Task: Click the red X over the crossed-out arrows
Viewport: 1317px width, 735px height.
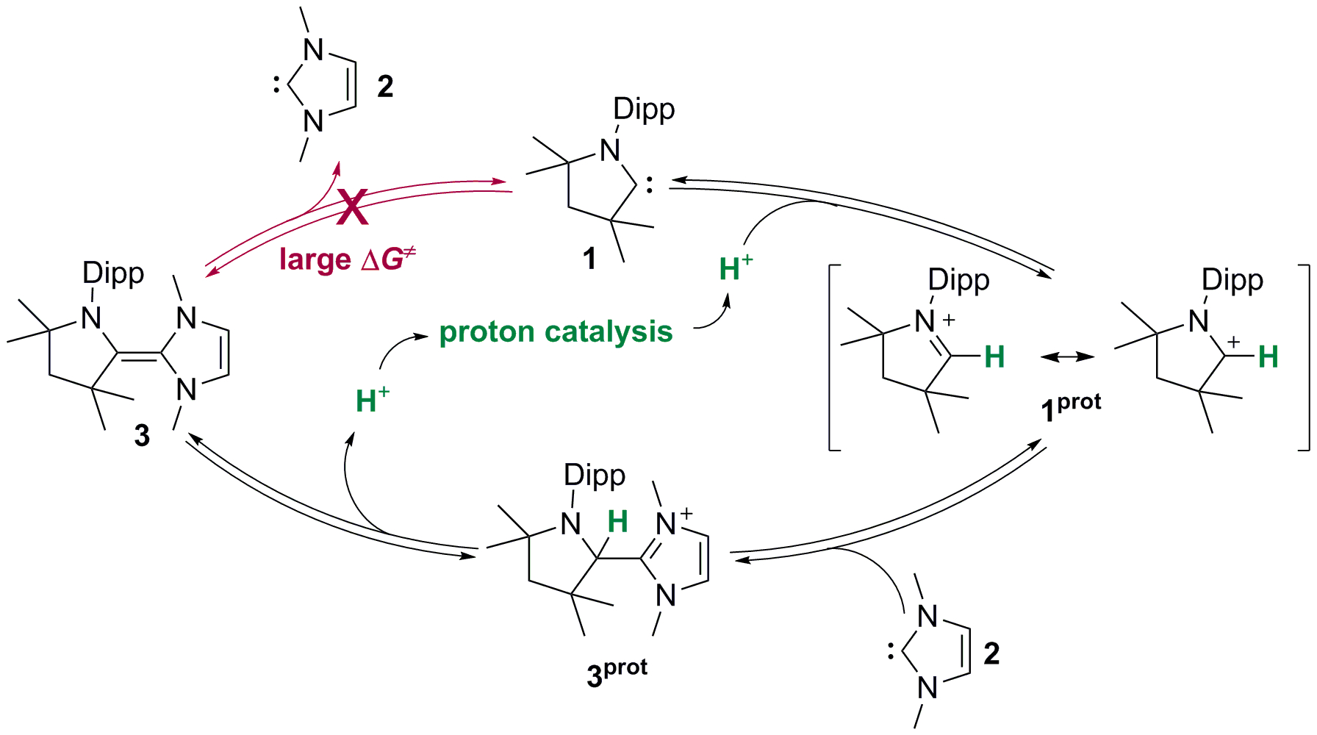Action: pos(353,207)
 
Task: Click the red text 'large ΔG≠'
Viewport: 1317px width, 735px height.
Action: pos(347,259)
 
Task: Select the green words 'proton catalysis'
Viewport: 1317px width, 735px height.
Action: pos(556,331)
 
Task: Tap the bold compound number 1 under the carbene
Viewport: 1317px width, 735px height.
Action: pos(589,259)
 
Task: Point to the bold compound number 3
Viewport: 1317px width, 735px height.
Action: pos(142,435)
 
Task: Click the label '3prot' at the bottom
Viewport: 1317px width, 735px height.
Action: pos(617,672)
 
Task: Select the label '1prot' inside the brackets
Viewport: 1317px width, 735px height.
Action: pos(1071,406)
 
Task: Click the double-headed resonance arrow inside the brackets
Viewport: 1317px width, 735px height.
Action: pos(1067,356)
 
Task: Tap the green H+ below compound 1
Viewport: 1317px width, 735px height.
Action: pos(736,268)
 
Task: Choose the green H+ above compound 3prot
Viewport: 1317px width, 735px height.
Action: pos(372,401)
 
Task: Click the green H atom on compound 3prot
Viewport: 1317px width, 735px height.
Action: pos(617,522)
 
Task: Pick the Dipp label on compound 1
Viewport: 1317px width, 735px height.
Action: pos(644,109)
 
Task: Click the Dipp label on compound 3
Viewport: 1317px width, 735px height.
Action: pos(113,273)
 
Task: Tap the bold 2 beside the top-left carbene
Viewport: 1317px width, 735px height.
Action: pos(385,87)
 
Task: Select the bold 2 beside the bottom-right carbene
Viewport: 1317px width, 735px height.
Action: pos(991,653)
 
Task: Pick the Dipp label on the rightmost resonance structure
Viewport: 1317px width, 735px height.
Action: pos(1232,280)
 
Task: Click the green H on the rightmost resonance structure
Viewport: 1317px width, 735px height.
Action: pos(1268,357)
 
